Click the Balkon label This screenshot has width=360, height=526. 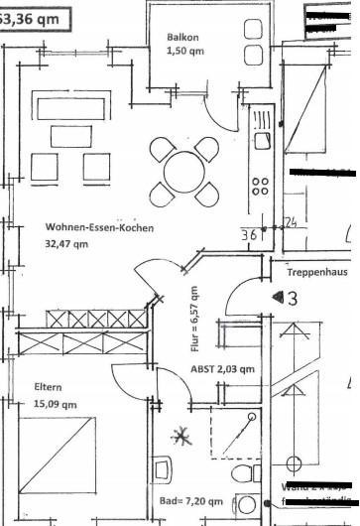[183, 38]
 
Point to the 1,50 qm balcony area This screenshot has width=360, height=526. [183, 51]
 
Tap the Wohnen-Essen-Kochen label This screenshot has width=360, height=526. [99, 227]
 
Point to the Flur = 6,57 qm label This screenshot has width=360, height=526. [194, 319]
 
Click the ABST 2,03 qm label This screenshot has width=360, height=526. [222, 368]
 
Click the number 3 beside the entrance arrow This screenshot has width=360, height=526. [291, 298]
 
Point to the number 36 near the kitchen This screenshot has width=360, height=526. [250, 235]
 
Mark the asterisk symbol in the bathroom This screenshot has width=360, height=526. [181, 434]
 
